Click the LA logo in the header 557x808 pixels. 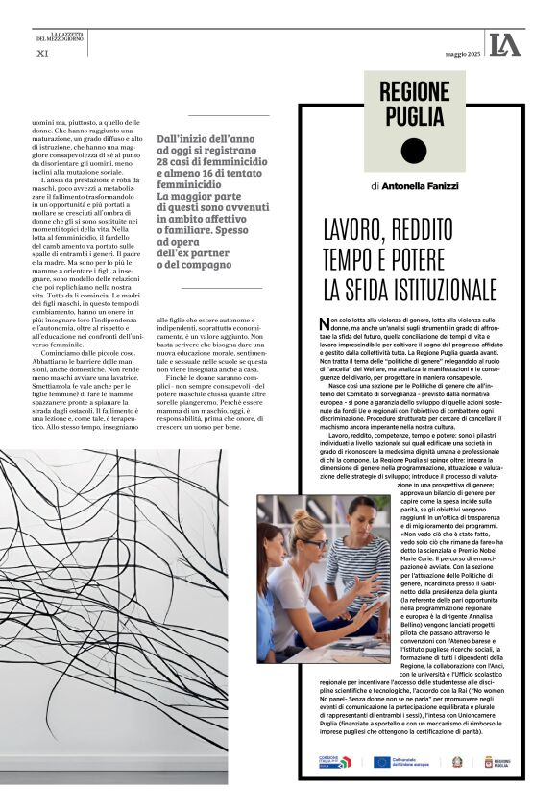(x=504, y=44)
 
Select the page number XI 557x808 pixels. (x=41, y=53)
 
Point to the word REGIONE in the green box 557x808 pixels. (x=414, y=92)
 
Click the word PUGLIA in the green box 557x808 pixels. (x=414, y=116)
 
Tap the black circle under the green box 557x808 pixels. (x=413, y=152)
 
